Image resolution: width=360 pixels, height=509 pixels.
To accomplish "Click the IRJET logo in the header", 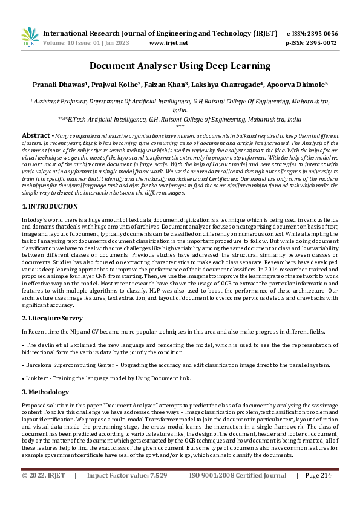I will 30,37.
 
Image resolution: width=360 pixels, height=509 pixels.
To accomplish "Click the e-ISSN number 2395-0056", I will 320,33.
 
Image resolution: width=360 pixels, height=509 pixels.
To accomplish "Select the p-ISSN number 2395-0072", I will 320,43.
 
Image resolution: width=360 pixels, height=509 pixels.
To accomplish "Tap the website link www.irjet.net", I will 168,43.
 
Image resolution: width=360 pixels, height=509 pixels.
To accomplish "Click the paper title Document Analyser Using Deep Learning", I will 180,66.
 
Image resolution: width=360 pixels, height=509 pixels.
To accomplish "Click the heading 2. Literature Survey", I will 53,317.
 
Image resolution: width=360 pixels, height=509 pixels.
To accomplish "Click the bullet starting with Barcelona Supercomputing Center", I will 175,365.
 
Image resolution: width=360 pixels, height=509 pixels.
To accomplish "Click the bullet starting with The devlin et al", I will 180,348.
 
